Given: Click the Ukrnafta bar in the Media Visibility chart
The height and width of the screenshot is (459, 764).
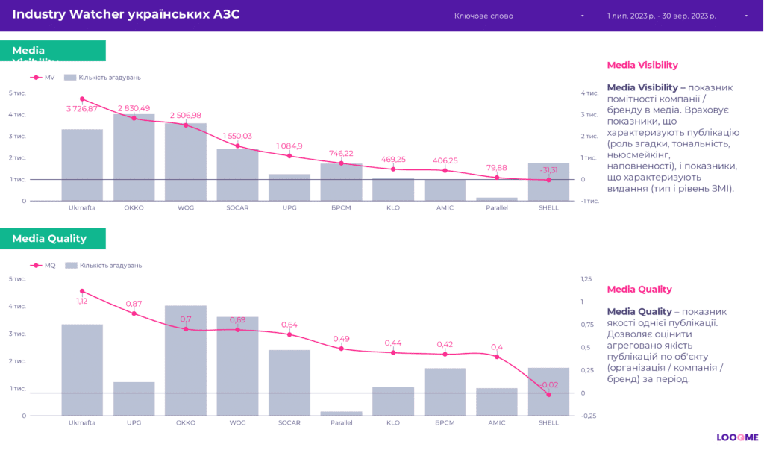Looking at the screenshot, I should pos(82,165).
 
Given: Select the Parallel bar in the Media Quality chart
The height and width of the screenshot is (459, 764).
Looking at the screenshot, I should pos(341,413).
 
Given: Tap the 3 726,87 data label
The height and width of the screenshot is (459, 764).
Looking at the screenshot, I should pos(82,109).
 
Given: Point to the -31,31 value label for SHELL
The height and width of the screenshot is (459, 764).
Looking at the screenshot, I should pos(548,169).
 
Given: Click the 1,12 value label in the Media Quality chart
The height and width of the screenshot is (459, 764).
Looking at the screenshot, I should pos(82,301).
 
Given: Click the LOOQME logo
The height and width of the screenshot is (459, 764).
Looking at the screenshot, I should pos(737,438).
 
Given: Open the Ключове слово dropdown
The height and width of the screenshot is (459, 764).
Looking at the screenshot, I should pos(519,16).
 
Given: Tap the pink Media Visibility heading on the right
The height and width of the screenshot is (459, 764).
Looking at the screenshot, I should pos(642,65).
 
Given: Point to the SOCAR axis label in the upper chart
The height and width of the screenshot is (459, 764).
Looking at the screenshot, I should pos(237,207).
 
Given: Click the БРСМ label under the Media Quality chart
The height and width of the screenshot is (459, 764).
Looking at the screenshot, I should pos(445,423).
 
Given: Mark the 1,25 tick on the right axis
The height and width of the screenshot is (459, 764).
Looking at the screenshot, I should pos(586,279).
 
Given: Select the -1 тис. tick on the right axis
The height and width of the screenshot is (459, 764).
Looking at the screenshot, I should pos(589,201).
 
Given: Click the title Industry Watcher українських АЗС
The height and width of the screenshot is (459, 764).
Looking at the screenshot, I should pos(126,15).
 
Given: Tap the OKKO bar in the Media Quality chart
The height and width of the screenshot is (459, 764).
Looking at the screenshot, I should pos(186,360).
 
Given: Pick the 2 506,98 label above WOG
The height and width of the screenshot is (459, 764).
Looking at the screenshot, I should pos(186,115).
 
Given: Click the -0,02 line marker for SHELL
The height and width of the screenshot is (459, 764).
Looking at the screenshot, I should pos(548,394).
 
